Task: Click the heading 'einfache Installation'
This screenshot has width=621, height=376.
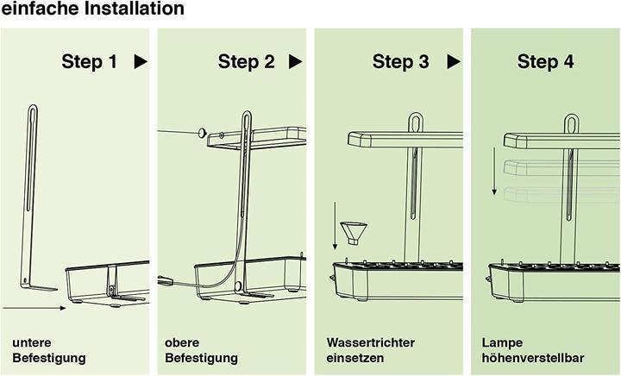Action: [92, 9]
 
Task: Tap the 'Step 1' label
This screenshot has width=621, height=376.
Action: [90, 62]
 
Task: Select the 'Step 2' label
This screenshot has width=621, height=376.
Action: [247, 62]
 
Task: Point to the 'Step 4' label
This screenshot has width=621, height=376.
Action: [545, 62]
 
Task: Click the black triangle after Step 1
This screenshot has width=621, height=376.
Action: [141, 62]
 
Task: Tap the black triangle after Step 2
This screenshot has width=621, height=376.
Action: [296, 62]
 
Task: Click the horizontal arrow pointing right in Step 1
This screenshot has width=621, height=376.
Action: [34, 306]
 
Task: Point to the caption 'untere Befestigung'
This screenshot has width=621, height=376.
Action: [49, 350]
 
